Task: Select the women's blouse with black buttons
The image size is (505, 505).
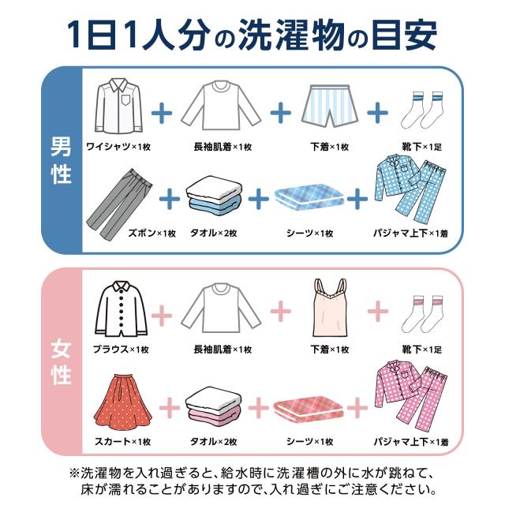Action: click(x=119, y=310)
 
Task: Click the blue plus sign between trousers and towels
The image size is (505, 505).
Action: click(x=168, y=199)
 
